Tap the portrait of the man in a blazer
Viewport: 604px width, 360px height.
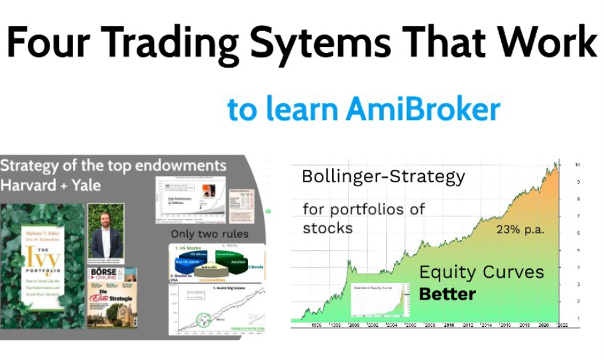pyautogui.click(x=106, y=231)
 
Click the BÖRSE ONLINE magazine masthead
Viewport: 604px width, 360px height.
pyautogui.click(x=111, y=276)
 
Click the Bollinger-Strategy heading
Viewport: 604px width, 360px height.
pyautogui.click(x=383, y=176)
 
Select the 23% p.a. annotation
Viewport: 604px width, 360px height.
pyautogui.click(x=518, y=230)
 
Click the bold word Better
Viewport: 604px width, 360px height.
pyautogui.click(x=447, y=293)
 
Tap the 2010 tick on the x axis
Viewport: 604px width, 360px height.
pyautogui.click(x=449, y=326)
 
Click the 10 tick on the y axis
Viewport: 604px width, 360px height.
pyautogui.click(x=562, y=164)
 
